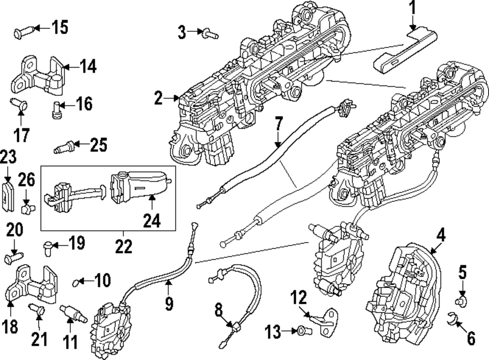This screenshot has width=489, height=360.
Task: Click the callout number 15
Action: (60, 27)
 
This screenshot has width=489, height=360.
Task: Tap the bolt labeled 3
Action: (210, 33)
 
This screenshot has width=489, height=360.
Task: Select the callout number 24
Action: (152, 221)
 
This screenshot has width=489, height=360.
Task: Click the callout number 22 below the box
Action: (124, 247)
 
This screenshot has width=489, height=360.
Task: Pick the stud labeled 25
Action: (64, 147)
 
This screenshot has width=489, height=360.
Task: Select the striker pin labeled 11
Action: (73, 314)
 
